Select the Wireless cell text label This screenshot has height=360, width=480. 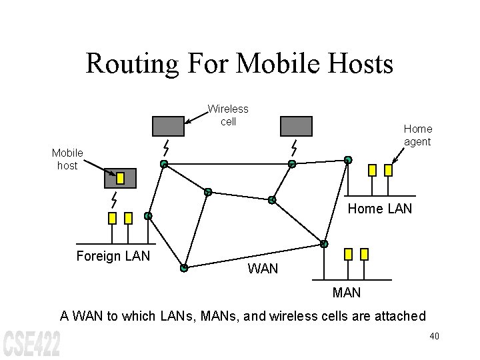pos(228,115)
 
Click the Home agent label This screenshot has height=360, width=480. pos(417,135)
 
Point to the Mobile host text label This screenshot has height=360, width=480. pos(67,159)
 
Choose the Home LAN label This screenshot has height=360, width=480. pos(380,209)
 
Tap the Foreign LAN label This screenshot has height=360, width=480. pos(113,256)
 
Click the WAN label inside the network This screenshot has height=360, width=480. pos(263,269)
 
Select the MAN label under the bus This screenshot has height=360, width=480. pos(346,292)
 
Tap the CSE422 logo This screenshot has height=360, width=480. pos(31,341)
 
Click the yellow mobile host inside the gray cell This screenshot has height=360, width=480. pos(121,178)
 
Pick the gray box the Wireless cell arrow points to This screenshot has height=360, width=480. pos(168,126)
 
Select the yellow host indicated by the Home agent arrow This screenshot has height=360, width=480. pos(389,170)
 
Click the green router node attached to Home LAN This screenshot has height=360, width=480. pos(347,160)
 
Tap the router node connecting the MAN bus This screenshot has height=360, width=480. pos(324,244)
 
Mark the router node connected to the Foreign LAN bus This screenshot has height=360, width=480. pos(148,216)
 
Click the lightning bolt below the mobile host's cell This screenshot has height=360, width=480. pos(114,199)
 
